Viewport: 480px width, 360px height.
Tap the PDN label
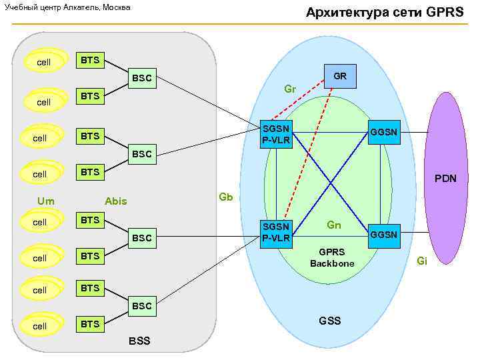[445, 179]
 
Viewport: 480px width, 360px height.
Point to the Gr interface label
[290, 89]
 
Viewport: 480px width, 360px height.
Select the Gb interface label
[226, 197]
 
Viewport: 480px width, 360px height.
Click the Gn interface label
[334, 225]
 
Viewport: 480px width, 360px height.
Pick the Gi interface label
[421, 261]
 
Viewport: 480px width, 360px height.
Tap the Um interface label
[46, 201]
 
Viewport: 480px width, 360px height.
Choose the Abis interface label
[115, 201]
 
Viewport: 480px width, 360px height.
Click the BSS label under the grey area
[139, 341]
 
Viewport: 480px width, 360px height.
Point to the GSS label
[329, 321]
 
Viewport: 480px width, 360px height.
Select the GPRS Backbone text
[332, 258]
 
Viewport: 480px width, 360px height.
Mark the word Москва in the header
[115, 7]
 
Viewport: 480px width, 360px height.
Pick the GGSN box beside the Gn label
[383, 235]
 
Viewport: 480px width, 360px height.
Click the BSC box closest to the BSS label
[141, 307]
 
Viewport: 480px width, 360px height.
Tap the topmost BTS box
[90, 61]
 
